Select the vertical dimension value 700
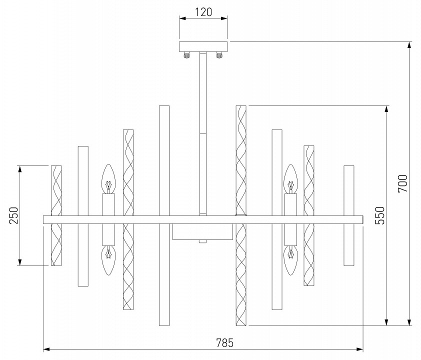tap(403, 183)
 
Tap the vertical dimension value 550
tap(379, 215)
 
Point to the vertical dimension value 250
tap(13, 215)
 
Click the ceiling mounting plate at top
tap(203, 46)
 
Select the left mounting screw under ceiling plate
tap(187, 55)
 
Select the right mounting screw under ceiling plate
tap(219, 55)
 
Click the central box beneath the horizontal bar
tap(202, 231)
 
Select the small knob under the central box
tap(202, 241)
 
